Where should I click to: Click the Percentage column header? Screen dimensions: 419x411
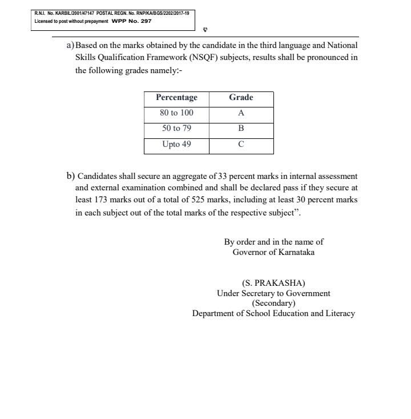point(176,98)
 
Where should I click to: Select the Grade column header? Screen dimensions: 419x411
point(241,98)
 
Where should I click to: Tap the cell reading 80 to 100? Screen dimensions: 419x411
point(176,113)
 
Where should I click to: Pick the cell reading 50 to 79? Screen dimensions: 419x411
point(176,129)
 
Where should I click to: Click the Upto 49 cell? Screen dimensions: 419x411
point(176,145)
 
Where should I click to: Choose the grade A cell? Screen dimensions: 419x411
point(241,113)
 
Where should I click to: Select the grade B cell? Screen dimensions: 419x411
point(241,129)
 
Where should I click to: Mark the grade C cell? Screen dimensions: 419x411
point(241,145)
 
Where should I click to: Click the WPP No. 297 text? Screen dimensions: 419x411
point(131,21)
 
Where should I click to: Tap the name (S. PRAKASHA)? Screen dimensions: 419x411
point(273,283)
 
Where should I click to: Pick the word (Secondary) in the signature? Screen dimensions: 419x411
point(273,304)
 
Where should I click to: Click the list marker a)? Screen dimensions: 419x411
point(70,45)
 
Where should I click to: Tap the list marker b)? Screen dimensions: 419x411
point(70,175)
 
